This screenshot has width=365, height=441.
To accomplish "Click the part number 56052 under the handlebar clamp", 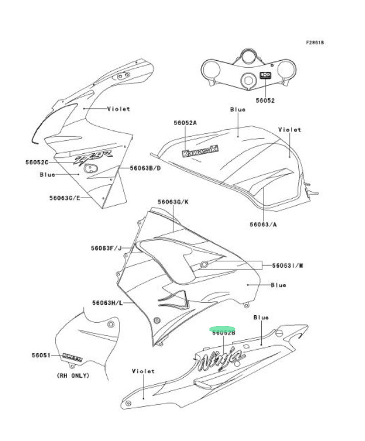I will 265,100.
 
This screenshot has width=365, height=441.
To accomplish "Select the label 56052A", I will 185,123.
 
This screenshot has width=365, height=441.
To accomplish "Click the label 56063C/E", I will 64,198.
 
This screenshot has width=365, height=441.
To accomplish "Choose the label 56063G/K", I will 173,202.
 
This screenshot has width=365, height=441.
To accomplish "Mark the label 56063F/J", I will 106,248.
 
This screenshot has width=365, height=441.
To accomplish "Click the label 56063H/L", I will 106,303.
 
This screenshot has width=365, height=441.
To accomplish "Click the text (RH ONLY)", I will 73,376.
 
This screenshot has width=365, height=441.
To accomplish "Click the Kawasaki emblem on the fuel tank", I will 200,150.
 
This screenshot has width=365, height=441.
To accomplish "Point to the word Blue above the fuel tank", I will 238,109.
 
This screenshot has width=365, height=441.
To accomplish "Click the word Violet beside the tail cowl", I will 143,371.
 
